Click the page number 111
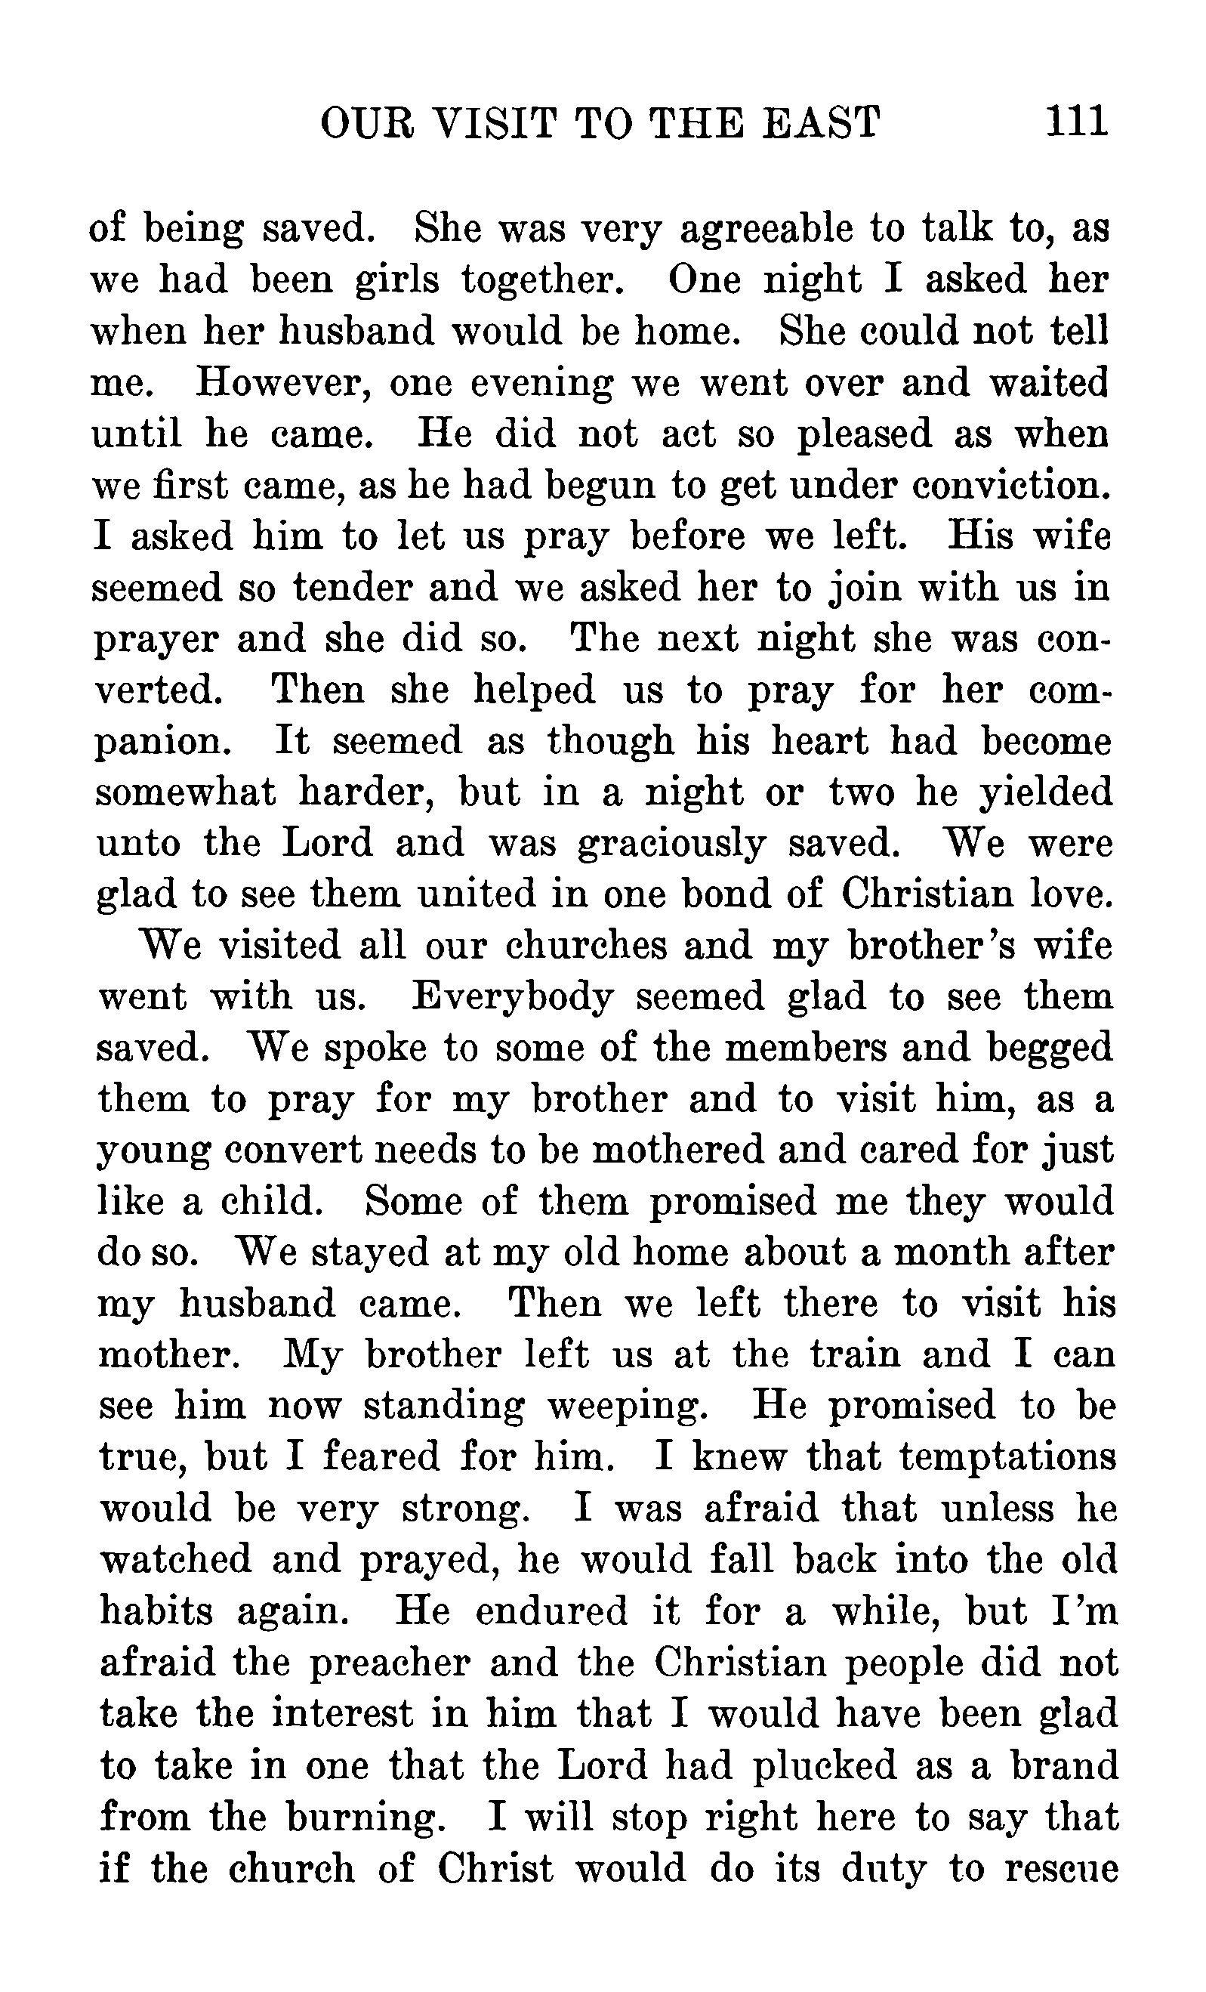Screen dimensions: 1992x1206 pyautogui.click(x=1075, y=122)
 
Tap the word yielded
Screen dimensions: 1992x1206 pyautogui.click(x=1046, y=794)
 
